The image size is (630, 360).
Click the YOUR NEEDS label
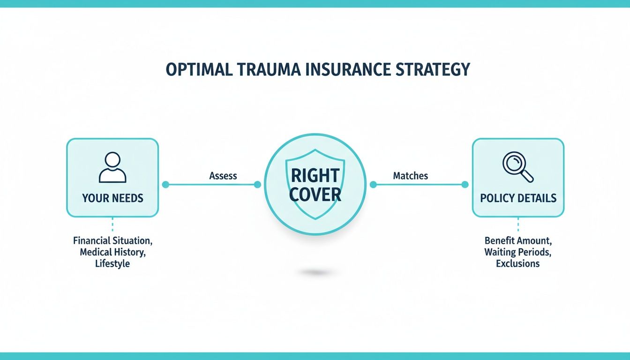[x=112, y=198]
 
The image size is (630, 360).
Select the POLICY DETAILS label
[x=518, y=198]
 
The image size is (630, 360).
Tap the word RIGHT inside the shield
[x=315, y=175]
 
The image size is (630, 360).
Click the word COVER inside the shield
[x=315, y=195]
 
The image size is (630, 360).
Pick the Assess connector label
[x=223, y=176]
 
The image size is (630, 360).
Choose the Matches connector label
[x=410, y=176]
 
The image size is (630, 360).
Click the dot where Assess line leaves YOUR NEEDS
[x=165, y=185]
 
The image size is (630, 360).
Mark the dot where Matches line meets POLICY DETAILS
[x=465, y=185]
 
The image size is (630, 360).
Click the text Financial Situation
[x=112, y=241]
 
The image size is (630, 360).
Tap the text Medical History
[x=112, y=252]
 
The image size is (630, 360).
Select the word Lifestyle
[x=112, y=263]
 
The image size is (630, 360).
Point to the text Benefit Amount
[x=518, y=241]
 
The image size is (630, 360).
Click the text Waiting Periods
[x=518, y=252]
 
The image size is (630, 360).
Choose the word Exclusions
[x=518, y=263]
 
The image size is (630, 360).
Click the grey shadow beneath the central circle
[x=315, y=272]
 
